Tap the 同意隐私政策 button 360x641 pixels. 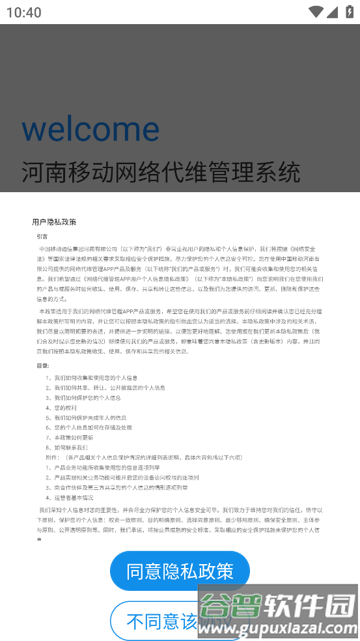(x=180, y=571)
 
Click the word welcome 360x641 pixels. (x=90, y=128)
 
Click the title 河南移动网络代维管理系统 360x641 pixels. (x=161, y=172)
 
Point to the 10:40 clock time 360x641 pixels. (x=23, y=12)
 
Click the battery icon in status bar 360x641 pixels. (x=349, y=12)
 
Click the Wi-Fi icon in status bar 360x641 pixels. (x=316, y=12)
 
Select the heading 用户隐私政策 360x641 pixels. (x=54, y=222)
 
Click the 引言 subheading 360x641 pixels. (x=42, y=236)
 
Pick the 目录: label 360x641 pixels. (x=42, y=366)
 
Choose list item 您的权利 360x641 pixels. (x=68, y=408)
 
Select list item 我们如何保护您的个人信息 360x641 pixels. (x=87, y=397)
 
